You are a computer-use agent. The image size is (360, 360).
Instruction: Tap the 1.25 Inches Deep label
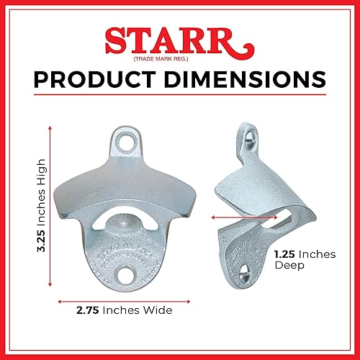click(x=302, y=259)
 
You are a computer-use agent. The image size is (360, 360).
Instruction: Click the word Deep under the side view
click(x=289, y=265)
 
